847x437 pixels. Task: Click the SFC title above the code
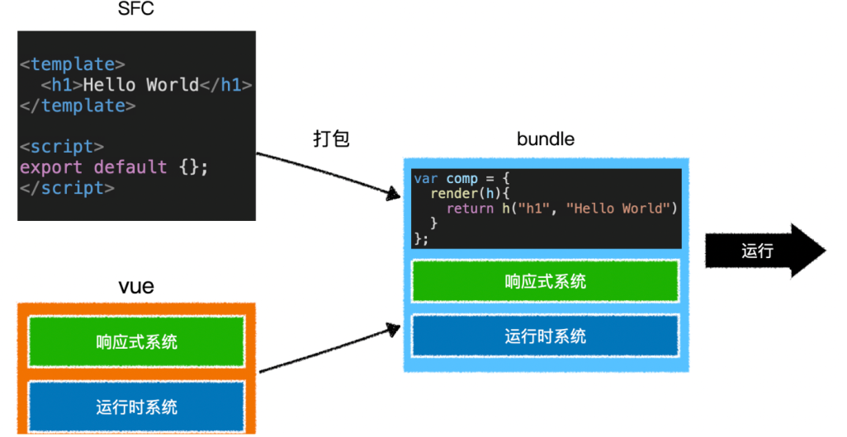click(x=136, y=12)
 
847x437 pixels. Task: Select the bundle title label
click(x=545, y=139)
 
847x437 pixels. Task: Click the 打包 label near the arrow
click(x=331, y=139)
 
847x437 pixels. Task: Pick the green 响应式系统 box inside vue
click(x=136, y=341)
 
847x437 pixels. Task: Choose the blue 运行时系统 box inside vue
click(x=136, y=406)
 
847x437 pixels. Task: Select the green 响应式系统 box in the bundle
click(x=545, y=281)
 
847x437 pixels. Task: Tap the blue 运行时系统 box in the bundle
click(x=545, y=336)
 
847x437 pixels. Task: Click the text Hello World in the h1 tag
click(x=141, y=85)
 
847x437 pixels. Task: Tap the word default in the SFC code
click(x=130, y=167)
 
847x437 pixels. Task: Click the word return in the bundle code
click(x=471, y=209)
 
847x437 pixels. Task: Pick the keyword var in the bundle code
click(x=426, y=179)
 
